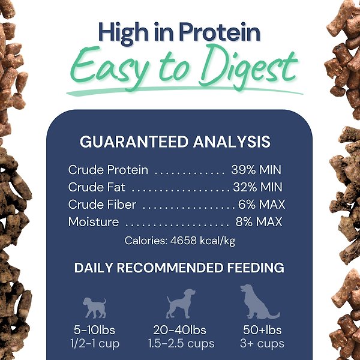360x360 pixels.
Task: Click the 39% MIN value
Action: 256,170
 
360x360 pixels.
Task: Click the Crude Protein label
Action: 108,170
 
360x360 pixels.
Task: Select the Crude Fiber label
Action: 102,205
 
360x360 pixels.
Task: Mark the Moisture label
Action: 94,222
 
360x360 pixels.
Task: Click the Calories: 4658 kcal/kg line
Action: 180,241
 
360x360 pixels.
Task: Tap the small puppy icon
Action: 94,307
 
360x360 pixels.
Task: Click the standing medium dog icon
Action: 180,304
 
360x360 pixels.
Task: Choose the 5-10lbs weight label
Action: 94,331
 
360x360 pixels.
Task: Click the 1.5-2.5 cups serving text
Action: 181,344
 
